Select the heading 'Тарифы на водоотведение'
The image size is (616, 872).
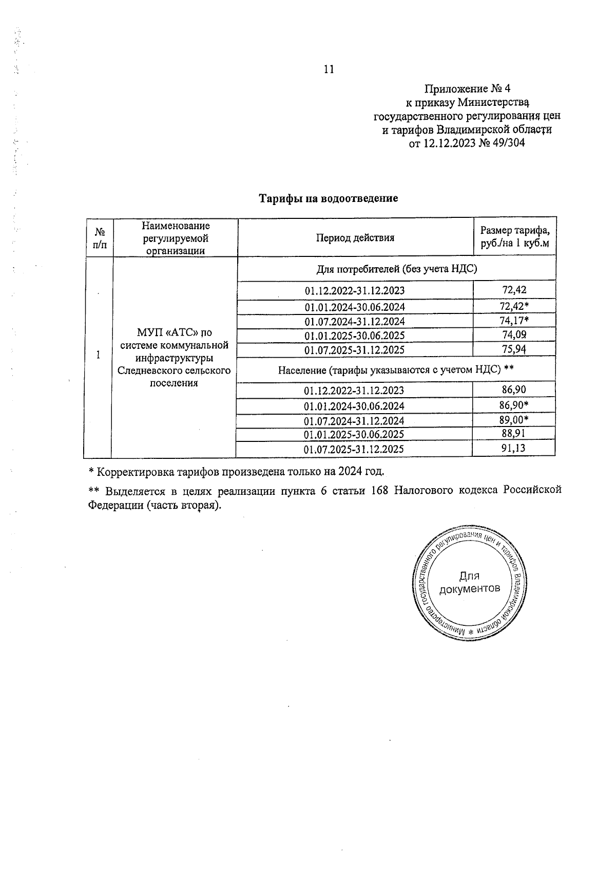pyautogui.click(x=329, y=198)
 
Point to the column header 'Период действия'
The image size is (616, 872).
pyautogui.click(x=355, y=238)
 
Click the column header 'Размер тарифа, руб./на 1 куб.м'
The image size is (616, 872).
pyautogui.click(x=514, y=237)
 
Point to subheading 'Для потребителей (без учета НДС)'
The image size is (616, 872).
pyautogui.click(x=396, y=269)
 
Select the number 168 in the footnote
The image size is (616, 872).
pyautogui.click(x=379, y=490)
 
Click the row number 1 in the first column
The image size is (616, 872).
pyautogui.click(x=98, y=355)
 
